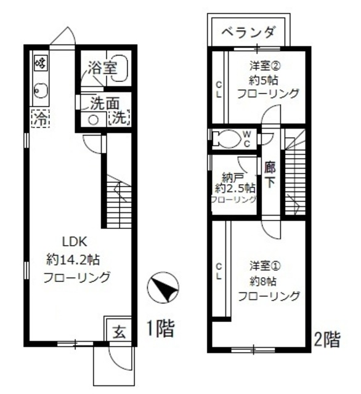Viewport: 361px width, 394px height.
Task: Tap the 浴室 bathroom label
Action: pos(102,68)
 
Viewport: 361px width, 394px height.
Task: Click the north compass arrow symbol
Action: pos(163,289)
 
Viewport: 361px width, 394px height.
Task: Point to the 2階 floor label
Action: pos(326,338)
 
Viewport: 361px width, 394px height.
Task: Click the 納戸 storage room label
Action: pos(232,177)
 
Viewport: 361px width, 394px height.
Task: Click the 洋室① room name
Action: pos(266,267)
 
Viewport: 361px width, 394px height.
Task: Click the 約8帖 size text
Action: pos(265,281)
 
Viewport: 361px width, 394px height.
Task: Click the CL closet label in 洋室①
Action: pos(219,271)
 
